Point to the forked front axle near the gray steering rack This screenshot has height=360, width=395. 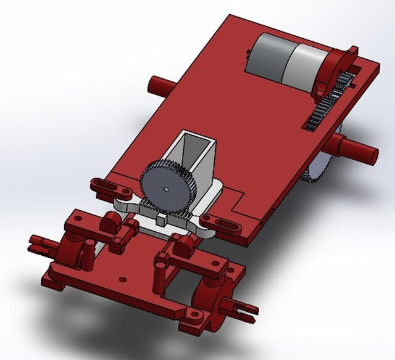coord(43,243)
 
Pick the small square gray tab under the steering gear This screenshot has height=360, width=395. coord(162,218)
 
